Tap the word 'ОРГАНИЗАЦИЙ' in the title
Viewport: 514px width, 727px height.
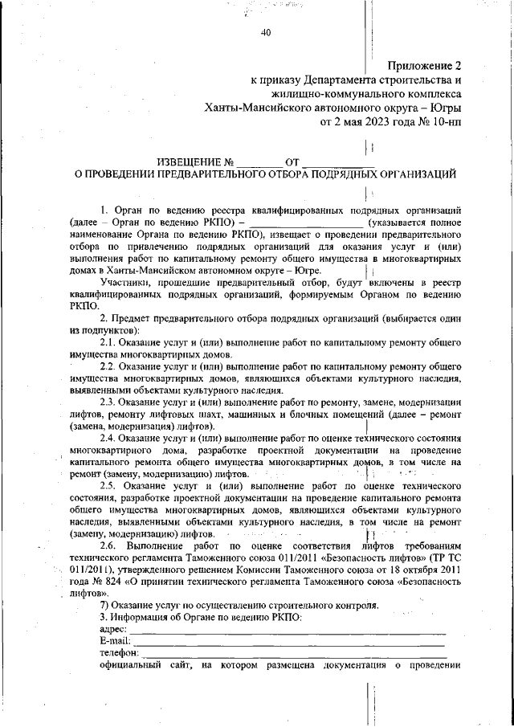(414, 173)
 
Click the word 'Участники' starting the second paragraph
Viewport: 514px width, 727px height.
(126, 282)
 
